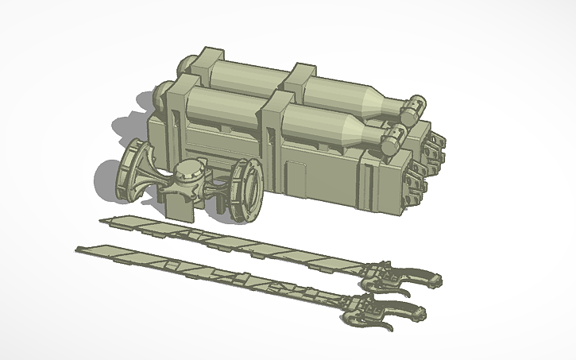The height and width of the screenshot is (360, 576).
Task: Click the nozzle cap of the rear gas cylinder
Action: click(x=416, y=105)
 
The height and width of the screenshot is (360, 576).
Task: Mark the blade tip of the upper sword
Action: click(x=101, y=219)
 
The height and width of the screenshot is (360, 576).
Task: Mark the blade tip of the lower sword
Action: click(x=79, y=249)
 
